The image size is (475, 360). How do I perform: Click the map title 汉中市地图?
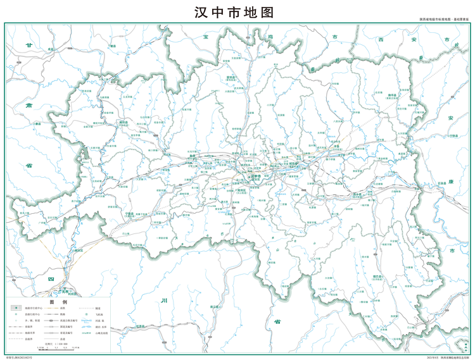[238, 13]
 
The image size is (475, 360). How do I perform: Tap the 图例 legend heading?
[59, 302]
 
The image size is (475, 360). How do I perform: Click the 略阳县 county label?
[123, 122]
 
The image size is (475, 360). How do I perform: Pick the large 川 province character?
[164, 301]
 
